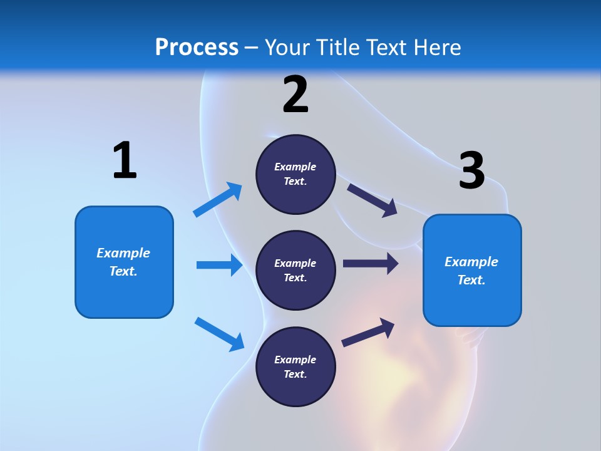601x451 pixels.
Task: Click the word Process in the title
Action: click(197, 48)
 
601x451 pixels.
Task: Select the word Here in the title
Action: click(437, 47)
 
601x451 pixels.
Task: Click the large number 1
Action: click(125, 160)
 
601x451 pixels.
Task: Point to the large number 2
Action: click(295, 95)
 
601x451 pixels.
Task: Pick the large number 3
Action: click(472, 170)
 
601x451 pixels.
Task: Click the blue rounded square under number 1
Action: click(124, 262)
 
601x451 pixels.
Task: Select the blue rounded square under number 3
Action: click(472, 271)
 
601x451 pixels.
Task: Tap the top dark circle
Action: click(295, 174)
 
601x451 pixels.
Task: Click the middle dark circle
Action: click(295, 271)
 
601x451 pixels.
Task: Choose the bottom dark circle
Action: click(295, 366)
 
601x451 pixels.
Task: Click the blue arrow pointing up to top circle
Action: click(218, 199)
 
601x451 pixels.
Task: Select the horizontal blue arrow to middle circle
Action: click(220, 264)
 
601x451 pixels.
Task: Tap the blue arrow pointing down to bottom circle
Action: click(220, 334)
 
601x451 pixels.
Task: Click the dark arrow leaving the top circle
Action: click(372, 200)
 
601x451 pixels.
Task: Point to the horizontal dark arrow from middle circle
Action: click(371, 263)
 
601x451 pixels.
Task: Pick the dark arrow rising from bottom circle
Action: click(368, 333)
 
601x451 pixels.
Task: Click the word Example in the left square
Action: click(123, 253)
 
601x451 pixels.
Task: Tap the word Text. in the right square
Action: click(471, 280)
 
